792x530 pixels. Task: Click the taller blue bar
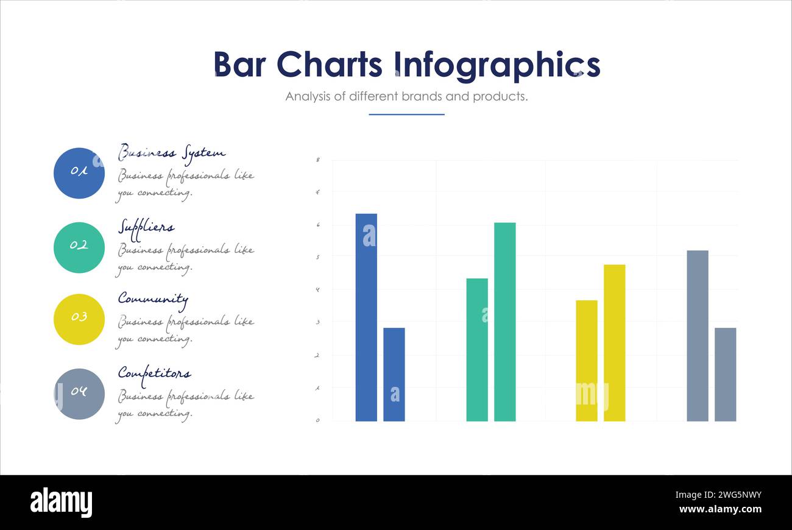pos(366,317)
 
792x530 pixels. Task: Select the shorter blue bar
pos(394,374)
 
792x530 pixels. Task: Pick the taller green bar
pos(504,322)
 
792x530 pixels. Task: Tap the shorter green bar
pos(477,350)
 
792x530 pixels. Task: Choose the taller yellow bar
pos(614,342)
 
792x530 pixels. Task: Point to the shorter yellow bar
pos(587,361)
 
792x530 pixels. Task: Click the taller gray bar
pos(698,335)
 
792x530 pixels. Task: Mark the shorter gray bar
pos(725,374)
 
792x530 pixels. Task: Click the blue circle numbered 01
pos(79,173)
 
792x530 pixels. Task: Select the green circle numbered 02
pos(79,247)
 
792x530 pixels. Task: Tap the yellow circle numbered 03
pos(79,319)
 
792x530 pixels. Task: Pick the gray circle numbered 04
pos(79,394)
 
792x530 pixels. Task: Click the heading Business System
pos(172,152)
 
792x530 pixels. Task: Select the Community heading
pos(153,299)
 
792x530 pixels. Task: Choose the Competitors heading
pos(154,373)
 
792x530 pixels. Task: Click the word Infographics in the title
pos(497,65)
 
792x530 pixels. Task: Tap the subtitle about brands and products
pos(406,96)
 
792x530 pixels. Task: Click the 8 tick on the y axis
pos(317,160)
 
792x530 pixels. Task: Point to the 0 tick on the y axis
pos(317,420)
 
